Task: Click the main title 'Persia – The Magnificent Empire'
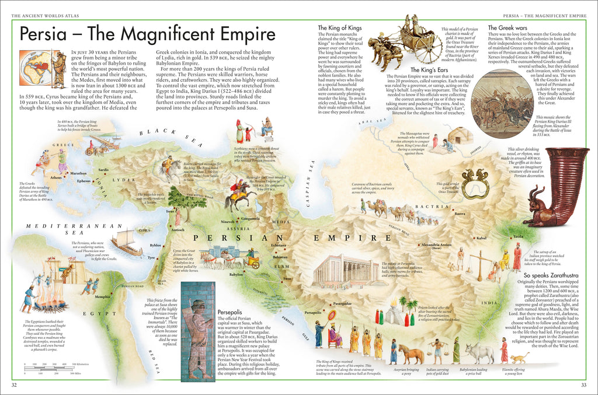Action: point(147,34)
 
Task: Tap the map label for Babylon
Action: point(236,274)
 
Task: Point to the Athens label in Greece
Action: point(55,177)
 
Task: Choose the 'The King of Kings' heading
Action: point(339,28)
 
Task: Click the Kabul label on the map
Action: point(481,238)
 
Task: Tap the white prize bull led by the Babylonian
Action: point(479,353)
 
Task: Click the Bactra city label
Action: point(460,214)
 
